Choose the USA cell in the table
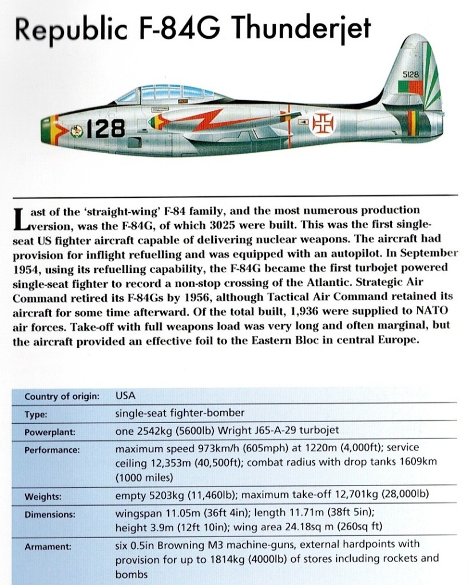(126, 395)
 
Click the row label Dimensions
(50, 514)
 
